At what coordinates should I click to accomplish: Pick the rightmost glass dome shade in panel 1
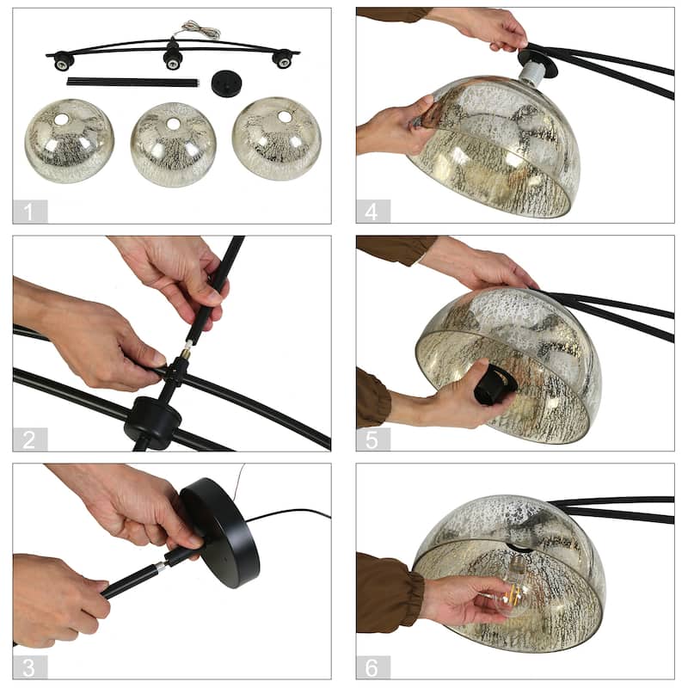pos(276,138)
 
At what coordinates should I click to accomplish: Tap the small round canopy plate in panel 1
pos(228,83)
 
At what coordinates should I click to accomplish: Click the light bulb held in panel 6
pos(510,598)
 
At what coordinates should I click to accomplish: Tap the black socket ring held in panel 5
pos(495,383)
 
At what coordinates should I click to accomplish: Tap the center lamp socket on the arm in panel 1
pos(173,58)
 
